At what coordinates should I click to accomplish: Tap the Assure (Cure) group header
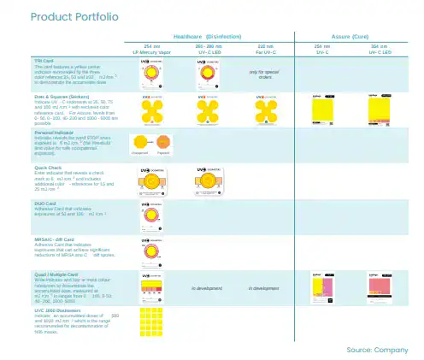coord(347,37)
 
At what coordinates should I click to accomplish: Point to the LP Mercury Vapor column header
coord(152,50)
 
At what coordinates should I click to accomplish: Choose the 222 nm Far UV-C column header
coord(266,50)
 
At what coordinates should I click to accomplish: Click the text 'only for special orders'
coord(266,74)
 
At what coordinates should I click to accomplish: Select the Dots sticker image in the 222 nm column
coord(266,110)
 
